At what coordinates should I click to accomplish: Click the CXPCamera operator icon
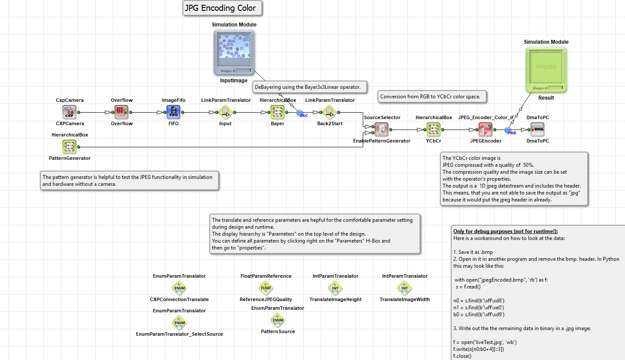click(69, 112)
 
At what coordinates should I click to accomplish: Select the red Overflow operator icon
click(121, 112)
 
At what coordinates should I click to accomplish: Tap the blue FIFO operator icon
click(173, 112)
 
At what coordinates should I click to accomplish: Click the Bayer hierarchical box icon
click(277, 112)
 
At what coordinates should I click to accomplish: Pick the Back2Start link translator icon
click(329, 112)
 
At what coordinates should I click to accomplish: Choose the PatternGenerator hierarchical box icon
click(69, 147)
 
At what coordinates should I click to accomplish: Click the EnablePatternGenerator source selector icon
click(381, 130)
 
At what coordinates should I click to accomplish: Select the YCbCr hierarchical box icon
click(433, 130)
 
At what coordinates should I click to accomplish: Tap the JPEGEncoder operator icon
click(485, 130)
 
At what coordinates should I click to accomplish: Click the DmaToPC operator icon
click(537, 130)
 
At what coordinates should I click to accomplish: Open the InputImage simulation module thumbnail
click(234, 52)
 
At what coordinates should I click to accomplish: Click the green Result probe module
click(546, 69)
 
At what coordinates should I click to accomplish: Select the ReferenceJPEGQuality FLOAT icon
click(266, 288)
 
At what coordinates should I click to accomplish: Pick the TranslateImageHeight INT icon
click(335, 288)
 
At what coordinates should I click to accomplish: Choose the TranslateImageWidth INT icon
click(404, 288)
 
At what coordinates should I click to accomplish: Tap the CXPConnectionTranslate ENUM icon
click(179, 288)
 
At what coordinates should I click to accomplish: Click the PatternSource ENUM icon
click(278, 320)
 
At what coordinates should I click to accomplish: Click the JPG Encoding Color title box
click(222, 8)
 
